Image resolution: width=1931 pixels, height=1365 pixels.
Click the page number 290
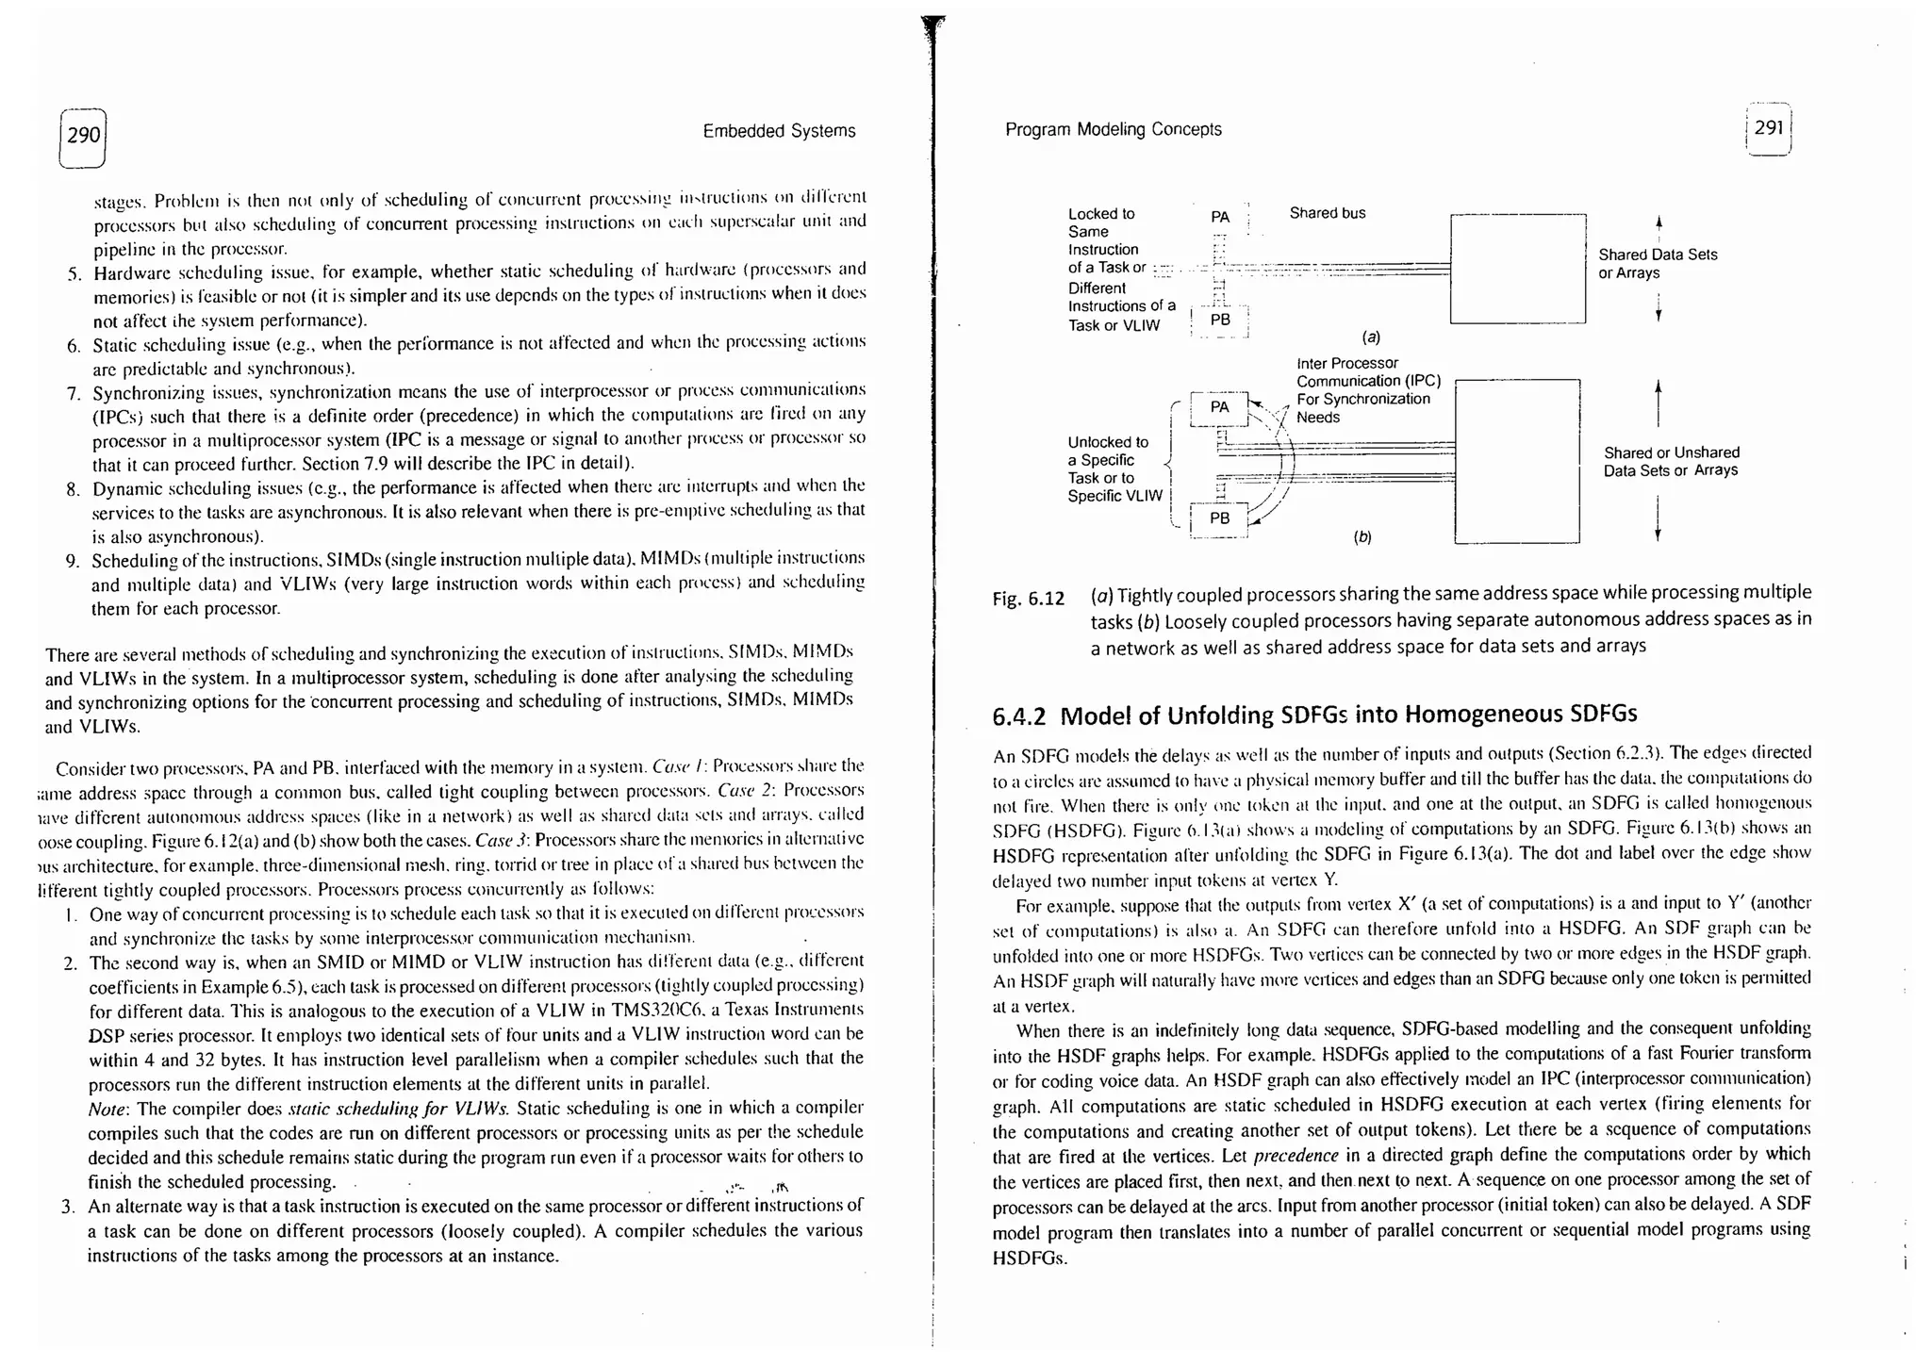click(83, 136)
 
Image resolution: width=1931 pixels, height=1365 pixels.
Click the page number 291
click(1768, 127)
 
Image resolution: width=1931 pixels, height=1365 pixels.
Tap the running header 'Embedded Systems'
click(779, 131)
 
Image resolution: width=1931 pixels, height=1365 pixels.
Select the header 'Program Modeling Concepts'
click(1113, 129)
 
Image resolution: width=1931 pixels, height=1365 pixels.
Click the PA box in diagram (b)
click(1219, 407)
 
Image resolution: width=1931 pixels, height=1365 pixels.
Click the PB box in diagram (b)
click(1219, 518)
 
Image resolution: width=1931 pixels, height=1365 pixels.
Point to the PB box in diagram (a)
click(1220, 320)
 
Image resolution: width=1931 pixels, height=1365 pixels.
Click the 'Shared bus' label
click(1327, 213)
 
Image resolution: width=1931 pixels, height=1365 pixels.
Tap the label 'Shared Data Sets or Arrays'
click(1658, 264)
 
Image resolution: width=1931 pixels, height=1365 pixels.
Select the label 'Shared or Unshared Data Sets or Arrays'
click(1671, 462)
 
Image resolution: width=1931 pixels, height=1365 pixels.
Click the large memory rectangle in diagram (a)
click(1518, 269)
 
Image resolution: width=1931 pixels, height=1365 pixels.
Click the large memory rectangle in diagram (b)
click(1517, 461)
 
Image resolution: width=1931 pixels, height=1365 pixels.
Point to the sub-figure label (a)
click(1371, 337)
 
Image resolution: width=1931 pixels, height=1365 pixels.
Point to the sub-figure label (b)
click(1362, 537)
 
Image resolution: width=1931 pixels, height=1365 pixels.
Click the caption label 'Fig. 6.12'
click(1028, 599)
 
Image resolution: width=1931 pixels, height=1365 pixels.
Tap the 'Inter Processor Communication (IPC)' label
click(1367, 372)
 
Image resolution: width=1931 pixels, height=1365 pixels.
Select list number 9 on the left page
click(72, 562)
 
